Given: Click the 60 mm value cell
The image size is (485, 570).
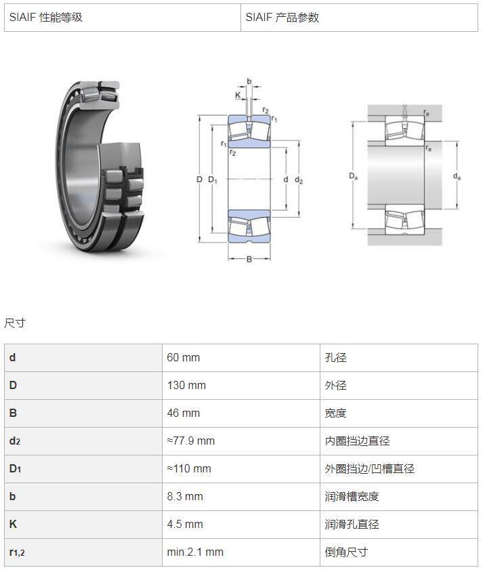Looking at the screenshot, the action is tap(184, 358).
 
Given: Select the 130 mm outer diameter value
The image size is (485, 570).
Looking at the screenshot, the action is tap(186, 386).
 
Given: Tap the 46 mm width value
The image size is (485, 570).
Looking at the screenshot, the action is tap(184, 413).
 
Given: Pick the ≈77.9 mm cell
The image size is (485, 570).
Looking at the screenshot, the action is tap(191, 441).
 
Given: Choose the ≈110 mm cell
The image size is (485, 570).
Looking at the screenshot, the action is tap(189, 469).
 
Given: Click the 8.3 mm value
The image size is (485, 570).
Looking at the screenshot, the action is tap(185, 497).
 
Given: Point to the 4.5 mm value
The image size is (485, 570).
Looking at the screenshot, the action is tap(185, 525).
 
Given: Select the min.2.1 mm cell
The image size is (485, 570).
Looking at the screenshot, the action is tap(195, 552).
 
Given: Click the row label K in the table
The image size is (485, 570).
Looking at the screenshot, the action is tap(13, 524).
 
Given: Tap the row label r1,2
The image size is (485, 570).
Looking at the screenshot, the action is tap(17, 552).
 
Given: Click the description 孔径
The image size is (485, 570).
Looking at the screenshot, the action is tap(336, 358).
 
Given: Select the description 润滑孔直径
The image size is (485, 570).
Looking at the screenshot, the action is tap(352, 525).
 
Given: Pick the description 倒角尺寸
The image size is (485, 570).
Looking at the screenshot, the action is tap(347, 552).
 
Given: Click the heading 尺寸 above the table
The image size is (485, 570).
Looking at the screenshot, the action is tap(15, 323).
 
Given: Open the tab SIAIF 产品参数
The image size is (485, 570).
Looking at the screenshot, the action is tap(282, 18).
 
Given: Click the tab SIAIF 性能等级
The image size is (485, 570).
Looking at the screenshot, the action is tap(46, 18).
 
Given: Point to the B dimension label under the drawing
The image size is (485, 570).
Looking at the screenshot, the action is tap(249, 259).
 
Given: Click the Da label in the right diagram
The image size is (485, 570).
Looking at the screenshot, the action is tap(354, 176).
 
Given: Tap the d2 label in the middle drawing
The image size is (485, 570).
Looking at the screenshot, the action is tap(299, 180).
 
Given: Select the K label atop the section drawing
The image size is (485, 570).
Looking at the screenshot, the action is tap(238, 96).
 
